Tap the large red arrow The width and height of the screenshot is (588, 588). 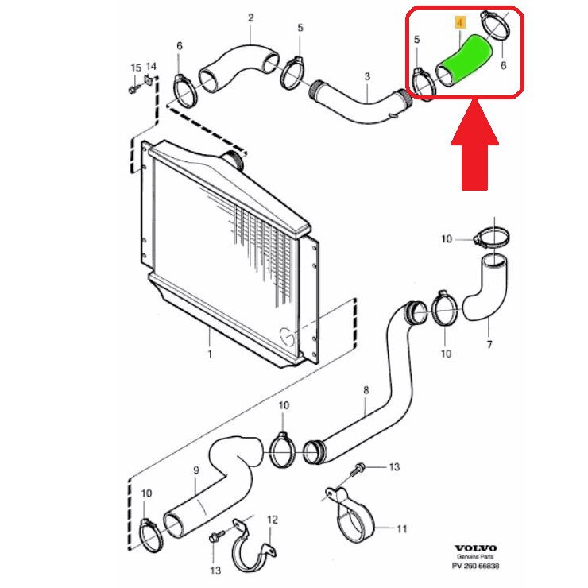point(474,148)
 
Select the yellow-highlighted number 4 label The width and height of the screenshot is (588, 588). point(458,25)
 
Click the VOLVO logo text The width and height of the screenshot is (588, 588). point(476,548)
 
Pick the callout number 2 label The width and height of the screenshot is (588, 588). point(250,17)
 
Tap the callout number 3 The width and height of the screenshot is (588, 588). point(367,76)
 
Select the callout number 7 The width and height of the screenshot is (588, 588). point(489,344)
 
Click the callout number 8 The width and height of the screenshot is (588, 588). point(366,389)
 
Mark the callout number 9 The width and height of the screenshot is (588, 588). point(195,470)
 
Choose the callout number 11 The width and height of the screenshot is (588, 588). point(400,528)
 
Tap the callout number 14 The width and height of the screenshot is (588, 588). point(151,67)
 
